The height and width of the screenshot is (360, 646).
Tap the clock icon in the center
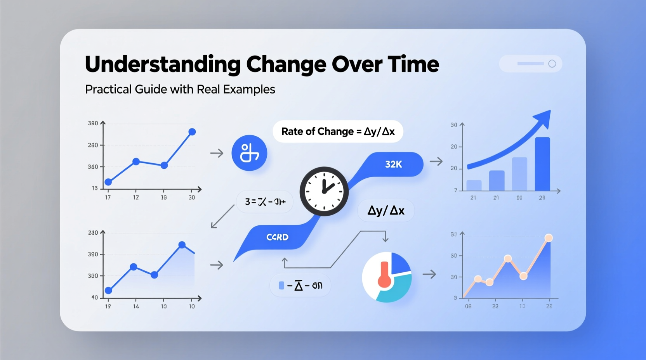click(x=324, y=191)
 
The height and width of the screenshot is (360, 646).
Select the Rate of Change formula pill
click(x=338, y=132)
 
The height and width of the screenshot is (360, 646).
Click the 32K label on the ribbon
click(x=393, y=164)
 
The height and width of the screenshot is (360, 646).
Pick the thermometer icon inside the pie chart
click(x=385, y=275)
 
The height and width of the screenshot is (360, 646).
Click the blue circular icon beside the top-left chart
click(x=249, y=153)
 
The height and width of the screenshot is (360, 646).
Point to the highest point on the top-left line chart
click(x=192, y=132)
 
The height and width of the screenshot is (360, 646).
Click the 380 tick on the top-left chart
click(x=93, y=123)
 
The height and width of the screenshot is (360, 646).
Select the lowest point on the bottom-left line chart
click(x=109, y=290)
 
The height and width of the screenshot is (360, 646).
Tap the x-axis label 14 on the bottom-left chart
click(x=136, y=306)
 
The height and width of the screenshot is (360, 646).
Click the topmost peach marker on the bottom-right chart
click(x=549, y=238)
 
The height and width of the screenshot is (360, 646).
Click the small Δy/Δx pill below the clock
click(x=386, y=211)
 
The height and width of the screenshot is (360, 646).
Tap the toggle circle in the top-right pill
click(x=552, y=64)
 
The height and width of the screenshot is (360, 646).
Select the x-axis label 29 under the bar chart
click(x=542, y=198)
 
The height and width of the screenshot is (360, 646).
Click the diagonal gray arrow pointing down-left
click(x=222, y=216)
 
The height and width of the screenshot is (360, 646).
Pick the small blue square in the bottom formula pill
click(x=281, y=286)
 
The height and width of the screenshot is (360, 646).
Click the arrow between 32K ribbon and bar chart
click(x=436, y=161)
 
